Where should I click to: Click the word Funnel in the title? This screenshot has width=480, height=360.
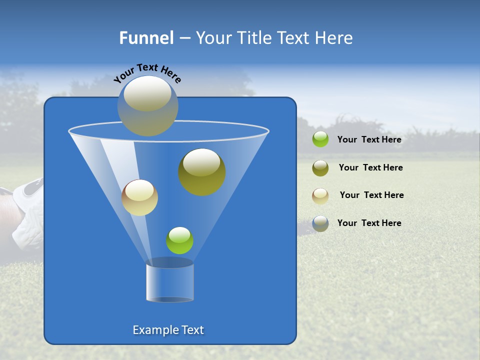click(x=146, y=38)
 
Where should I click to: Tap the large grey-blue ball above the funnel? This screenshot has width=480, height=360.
click(x=147, y=105)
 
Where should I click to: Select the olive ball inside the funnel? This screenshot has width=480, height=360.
click(x=202, y=172)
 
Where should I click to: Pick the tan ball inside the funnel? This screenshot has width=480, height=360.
click(x=139, y=197)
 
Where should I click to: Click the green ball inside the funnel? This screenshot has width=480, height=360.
click(x=179, y=240)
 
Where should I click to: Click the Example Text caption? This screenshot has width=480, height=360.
click(x=168, y=330)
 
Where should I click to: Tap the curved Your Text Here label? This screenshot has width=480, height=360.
click(x=147, y=73)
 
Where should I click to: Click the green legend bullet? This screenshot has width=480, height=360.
click(x=320, y=139)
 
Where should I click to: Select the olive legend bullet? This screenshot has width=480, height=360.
click(x=320, y=168)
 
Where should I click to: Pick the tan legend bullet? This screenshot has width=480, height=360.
click(x=320, y=196)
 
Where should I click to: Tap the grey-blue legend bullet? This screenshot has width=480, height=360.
click(x=320, y=223)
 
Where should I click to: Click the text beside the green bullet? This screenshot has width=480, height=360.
click(x=369, y=140)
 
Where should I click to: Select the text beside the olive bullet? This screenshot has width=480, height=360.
click(x=370, y=168)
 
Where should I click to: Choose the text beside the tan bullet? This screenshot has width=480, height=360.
click(x=371, y=195)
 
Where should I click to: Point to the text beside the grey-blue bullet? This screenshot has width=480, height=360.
click(x=369, y=223)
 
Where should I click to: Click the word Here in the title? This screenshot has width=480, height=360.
click(x=334, y=38)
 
